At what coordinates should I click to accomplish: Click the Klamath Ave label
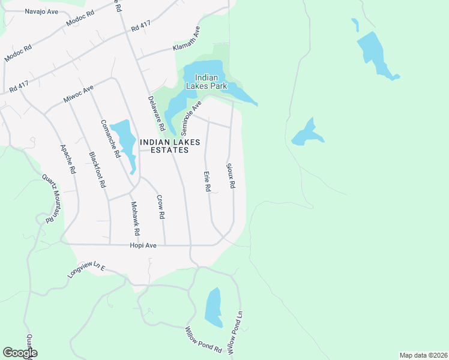187,39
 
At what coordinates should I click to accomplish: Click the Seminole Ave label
191,118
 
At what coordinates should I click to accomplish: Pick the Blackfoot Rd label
97,170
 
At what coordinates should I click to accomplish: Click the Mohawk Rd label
136,218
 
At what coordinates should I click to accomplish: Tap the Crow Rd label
160,206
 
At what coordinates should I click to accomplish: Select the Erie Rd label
207,181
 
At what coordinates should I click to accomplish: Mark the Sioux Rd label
231,175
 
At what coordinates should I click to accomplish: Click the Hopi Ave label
143,245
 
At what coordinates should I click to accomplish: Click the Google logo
20,353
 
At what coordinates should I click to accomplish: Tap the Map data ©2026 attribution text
423,355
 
